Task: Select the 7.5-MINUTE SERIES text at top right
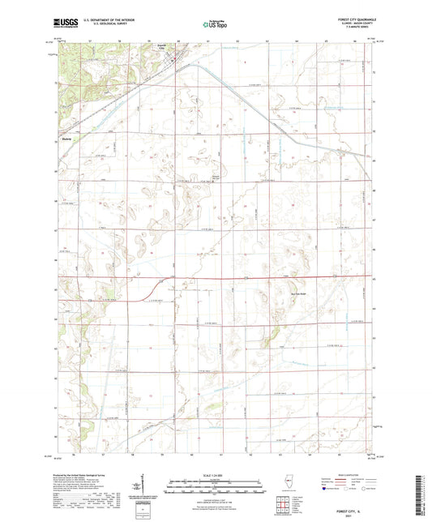[350, 32]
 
